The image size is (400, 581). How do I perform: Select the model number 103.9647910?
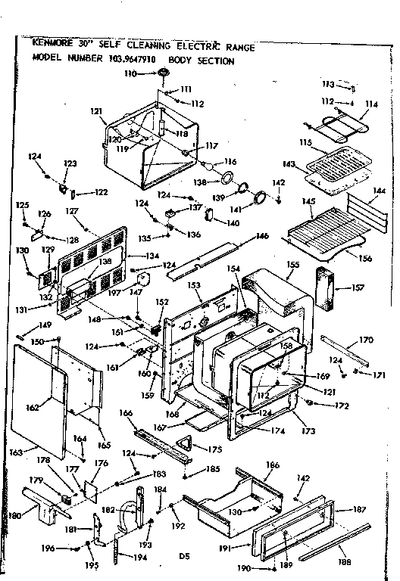coord(130,61)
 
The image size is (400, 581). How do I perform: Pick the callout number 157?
coord(358,287)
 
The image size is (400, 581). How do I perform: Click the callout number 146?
coord(262,237)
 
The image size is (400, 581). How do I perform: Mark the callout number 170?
coord(366,340)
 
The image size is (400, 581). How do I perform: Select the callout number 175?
coord(216,449)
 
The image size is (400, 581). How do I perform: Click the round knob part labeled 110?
coord(163,73)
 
